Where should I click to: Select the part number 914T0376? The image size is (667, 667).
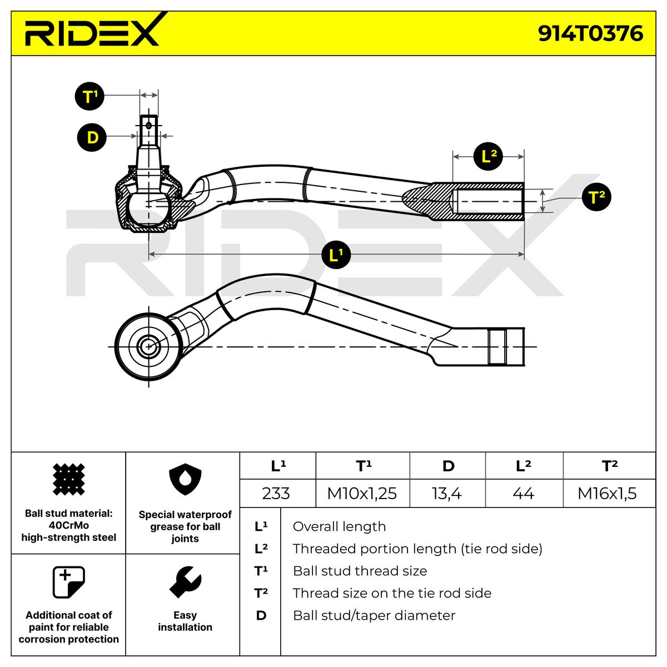click(x=590, y=34)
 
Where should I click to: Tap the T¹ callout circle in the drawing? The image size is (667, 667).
click(x=89, y=96)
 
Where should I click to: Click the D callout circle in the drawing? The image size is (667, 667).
click(x=92, y=137)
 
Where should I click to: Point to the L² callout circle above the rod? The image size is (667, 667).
click(x=489, y=157)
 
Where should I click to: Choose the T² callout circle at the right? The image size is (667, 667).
click(x=596, y=197)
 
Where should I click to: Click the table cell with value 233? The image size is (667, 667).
click(x=276, y=493)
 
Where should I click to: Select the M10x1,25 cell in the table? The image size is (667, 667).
click(x=362, y=493)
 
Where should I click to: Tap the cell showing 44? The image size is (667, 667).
click(x=523, y=493)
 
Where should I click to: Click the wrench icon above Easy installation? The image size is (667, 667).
click(x=185, y=583)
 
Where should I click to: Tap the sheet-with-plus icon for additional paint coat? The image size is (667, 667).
click(x=68, y=582)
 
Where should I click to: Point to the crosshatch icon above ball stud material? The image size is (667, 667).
click(x=68, y=479)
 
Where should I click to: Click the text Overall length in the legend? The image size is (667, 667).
click(x=339, y=526)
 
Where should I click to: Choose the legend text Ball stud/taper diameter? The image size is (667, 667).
click(x=374, y=615)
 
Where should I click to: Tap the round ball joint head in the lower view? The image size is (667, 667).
click(x=147, y=346)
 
